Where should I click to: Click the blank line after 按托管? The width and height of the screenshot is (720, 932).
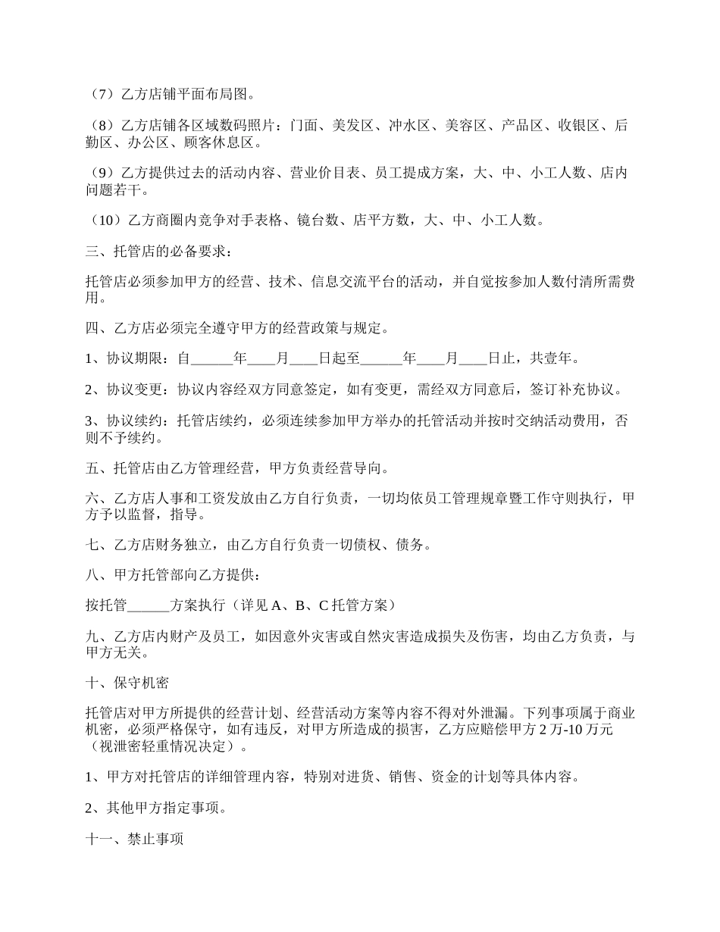point(149,605)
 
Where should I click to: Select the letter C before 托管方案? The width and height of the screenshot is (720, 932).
point(323,605)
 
